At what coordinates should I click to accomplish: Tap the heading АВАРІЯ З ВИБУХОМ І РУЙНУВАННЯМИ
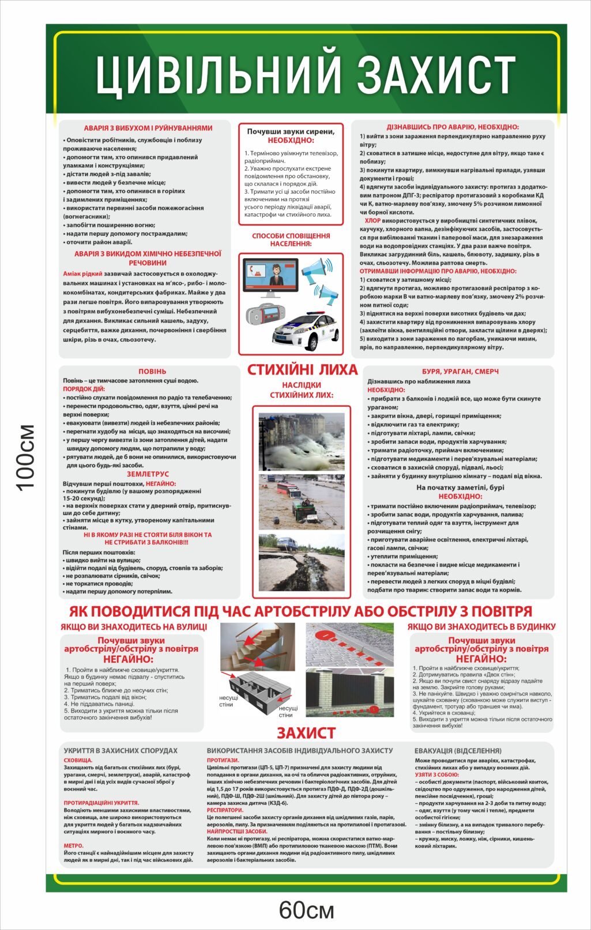(148, 128)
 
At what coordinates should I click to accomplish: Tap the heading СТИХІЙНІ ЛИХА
(302, 370)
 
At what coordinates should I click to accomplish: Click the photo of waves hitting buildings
(302, 441)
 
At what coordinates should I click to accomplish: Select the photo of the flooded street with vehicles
(302, 499)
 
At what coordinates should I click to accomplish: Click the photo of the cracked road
(302, 556)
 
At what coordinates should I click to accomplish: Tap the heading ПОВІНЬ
(152, 372)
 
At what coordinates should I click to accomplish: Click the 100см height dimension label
(26, 458)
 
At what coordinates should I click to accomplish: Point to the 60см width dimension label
(306, 910)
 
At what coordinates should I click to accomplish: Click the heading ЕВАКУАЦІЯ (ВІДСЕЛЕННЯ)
(458, 751)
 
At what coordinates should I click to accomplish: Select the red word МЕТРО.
(73, 845)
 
